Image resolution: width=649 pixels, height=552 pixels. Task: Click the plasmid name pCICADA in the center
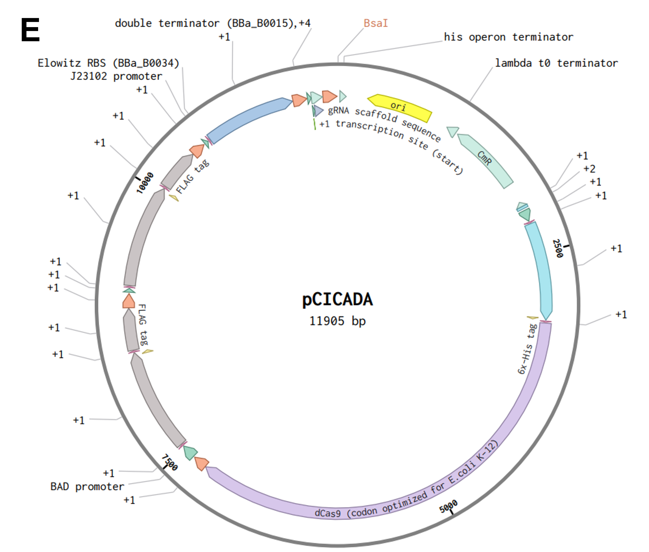(x=337, y=299)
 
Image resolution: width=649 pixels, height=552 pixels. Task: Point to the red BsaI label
(x=376, y=23)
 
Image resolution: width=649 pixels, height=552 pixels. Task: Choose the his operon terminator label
(x=509, y=37)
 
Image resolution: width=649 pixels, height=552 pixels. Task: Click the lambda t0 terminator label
(x=556, y=63)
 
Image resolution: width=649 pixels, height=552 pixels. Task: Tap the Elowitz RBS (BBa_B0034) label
(x=108, y=63)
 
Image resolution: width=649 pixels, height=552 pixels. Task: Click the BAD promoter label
(x=87, y=487)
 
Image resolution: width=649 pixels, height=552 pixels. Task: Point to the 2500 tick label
(x=558, y=248)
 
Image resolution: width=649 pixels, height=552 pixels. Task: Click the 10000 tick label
(x=145, y=183)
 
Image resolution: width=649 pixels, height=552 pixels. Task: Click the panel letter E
(x=30, y=30)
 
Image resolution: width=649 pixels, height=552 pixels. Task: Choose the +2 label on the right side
(x=589, y=169)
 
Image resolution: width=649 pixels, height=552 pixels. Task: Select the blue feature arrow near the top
(x=249, y=120)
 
